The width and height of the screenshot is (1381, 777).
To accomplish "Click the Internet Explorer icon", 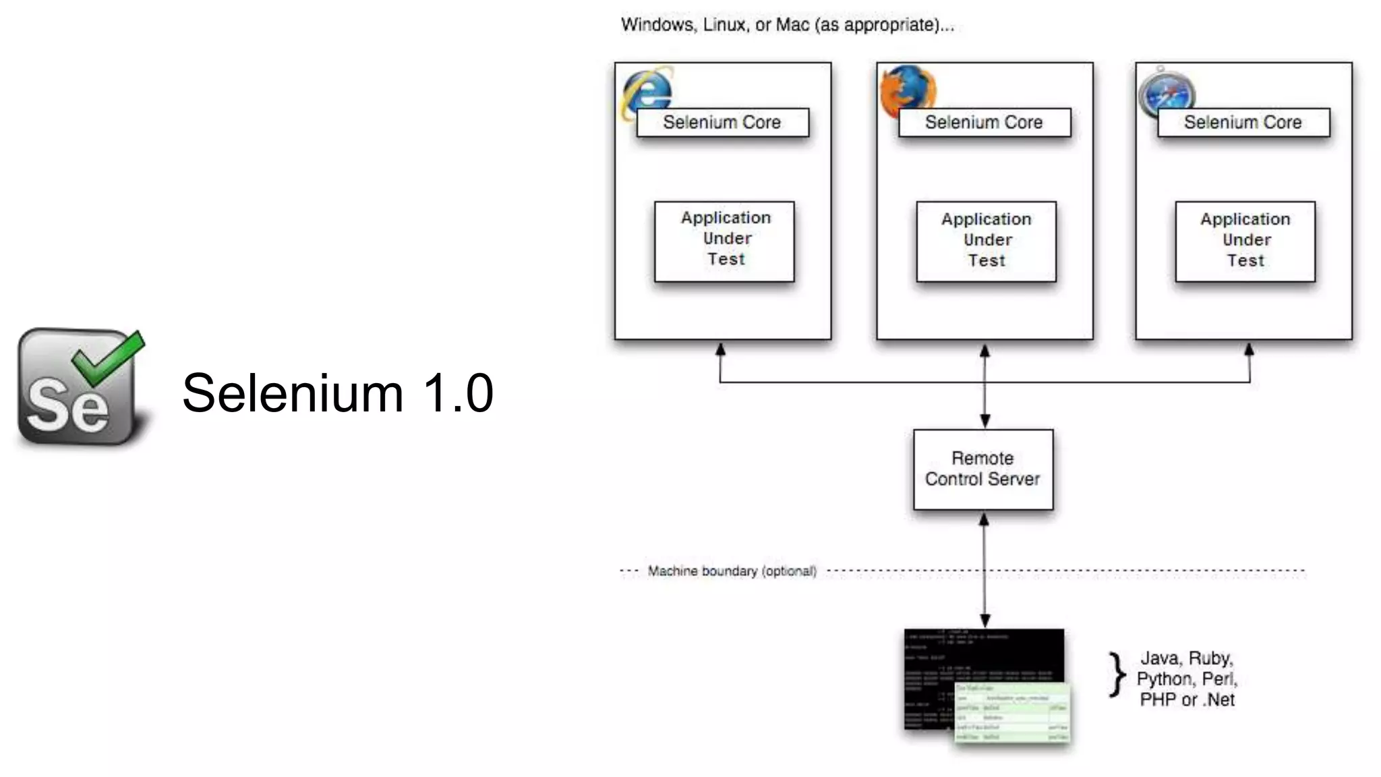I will (646, 91).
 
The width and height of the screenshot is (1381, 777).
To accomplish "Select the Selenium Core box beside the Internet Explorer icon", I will (722, 123).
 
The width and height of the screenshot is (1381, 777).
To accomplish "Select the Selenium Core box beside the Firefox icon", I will (984, 123).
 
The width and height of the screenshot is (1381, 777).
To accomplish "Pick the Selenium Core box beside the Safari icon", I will (1243, 123).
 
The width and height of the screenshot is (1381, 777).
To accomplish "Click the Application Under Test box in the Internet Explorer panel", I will (724, 241).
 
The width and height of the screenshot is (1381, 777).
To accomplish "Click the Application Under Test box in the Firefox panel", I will (986, 241).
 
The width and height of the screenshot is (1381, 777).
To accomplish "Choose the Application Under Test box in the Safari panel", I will (1245, 241).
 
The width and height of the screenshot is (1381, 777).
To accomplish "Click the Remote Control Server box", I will (982, 469).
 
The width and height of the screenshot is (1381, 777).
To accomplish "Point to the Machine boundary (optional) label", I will (732, 571).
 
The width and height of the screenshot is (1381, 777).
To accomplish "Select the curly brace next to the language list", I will (1117, 674).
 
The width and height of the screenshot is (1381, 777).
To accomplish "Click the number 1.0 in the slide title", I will (459, 393).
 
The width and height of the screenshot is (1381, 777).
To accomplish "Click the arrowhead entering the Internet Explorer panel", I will (720, 350).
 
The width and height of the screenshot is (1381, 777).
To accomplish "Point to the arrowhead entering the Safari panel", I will (1249, 350).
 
